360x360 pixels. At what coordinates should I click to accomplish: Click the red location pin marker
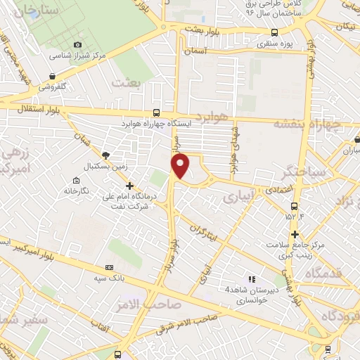point(181,166)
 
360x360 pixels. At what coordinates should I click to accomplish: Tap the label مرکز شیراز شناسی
point(77,55)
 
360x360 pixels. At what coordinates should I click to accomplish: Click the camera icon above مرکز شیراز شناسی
point(77,44)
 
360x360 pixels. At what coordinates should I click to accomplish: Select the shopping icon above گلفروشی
point(53,77)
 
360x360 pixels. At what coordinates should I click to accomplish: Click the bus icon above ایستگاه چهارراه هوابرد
point(155,112)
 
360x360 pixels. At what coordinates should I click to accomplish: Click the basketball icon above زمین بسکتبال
point(106,155)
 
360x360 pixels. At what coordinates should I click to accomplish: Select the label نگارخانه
point(79,190)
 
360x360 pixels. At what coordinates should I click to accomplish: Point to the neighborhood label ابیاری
point(236,199)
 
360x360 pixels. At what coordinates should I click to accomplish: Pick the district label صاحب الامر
point(160,304)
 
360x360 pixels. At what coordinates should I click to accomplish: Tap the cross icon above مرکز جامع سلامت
point(295,234)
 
